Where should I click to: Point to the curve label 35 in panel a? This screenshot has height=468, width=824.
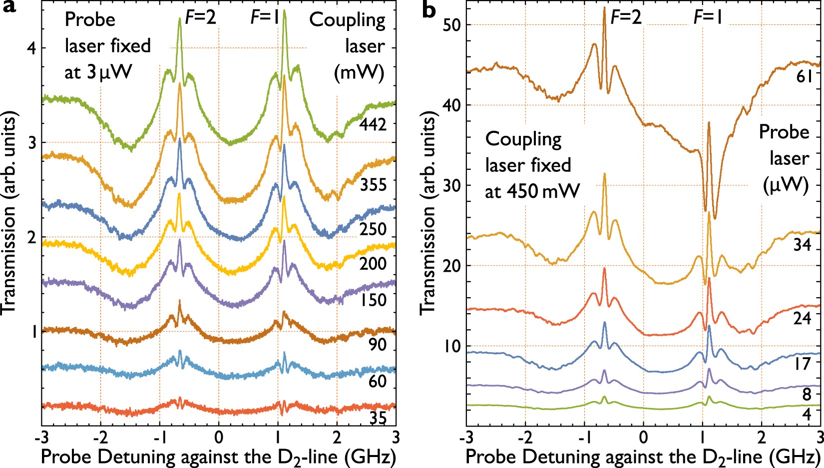coord(378,418)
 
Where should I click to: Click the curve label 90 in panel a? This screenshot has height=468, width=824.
coord(378,345)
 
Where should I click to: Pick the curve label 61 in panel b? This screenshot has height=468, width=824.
coord(805,76)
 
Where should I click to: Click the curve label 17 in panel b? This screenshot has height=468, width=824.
coord(803,363)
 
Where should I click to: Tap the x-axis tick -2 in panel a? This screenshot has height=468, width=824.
coord(100,438)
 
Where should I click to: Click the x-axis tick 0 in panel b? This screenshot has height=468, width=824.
coord(643,438)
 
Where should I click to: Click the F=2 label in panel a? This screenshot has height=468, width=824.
coord(201,17)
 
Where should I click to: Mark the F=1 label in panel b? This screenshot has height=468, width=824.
coord(708,17)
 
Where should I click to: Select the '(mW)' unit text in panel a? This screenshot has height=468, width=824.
coord(359,73)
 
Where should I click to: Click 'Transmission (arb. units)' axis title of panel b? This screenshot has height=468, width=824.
coord(428,214)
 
